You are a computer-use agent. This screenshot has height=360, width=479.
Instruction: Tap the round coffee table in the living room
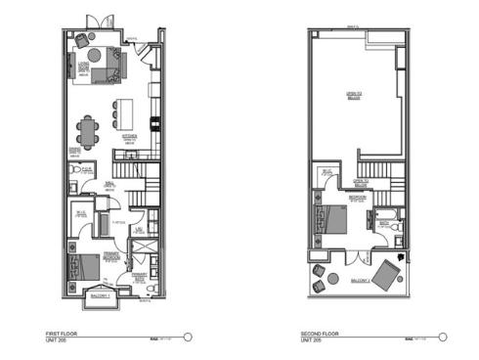85,67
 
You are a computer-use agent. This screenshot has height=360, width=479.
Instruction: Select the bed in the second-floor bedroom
328,220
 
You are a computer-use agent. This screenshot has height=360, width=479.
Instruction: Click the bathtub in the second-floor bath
388,216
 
